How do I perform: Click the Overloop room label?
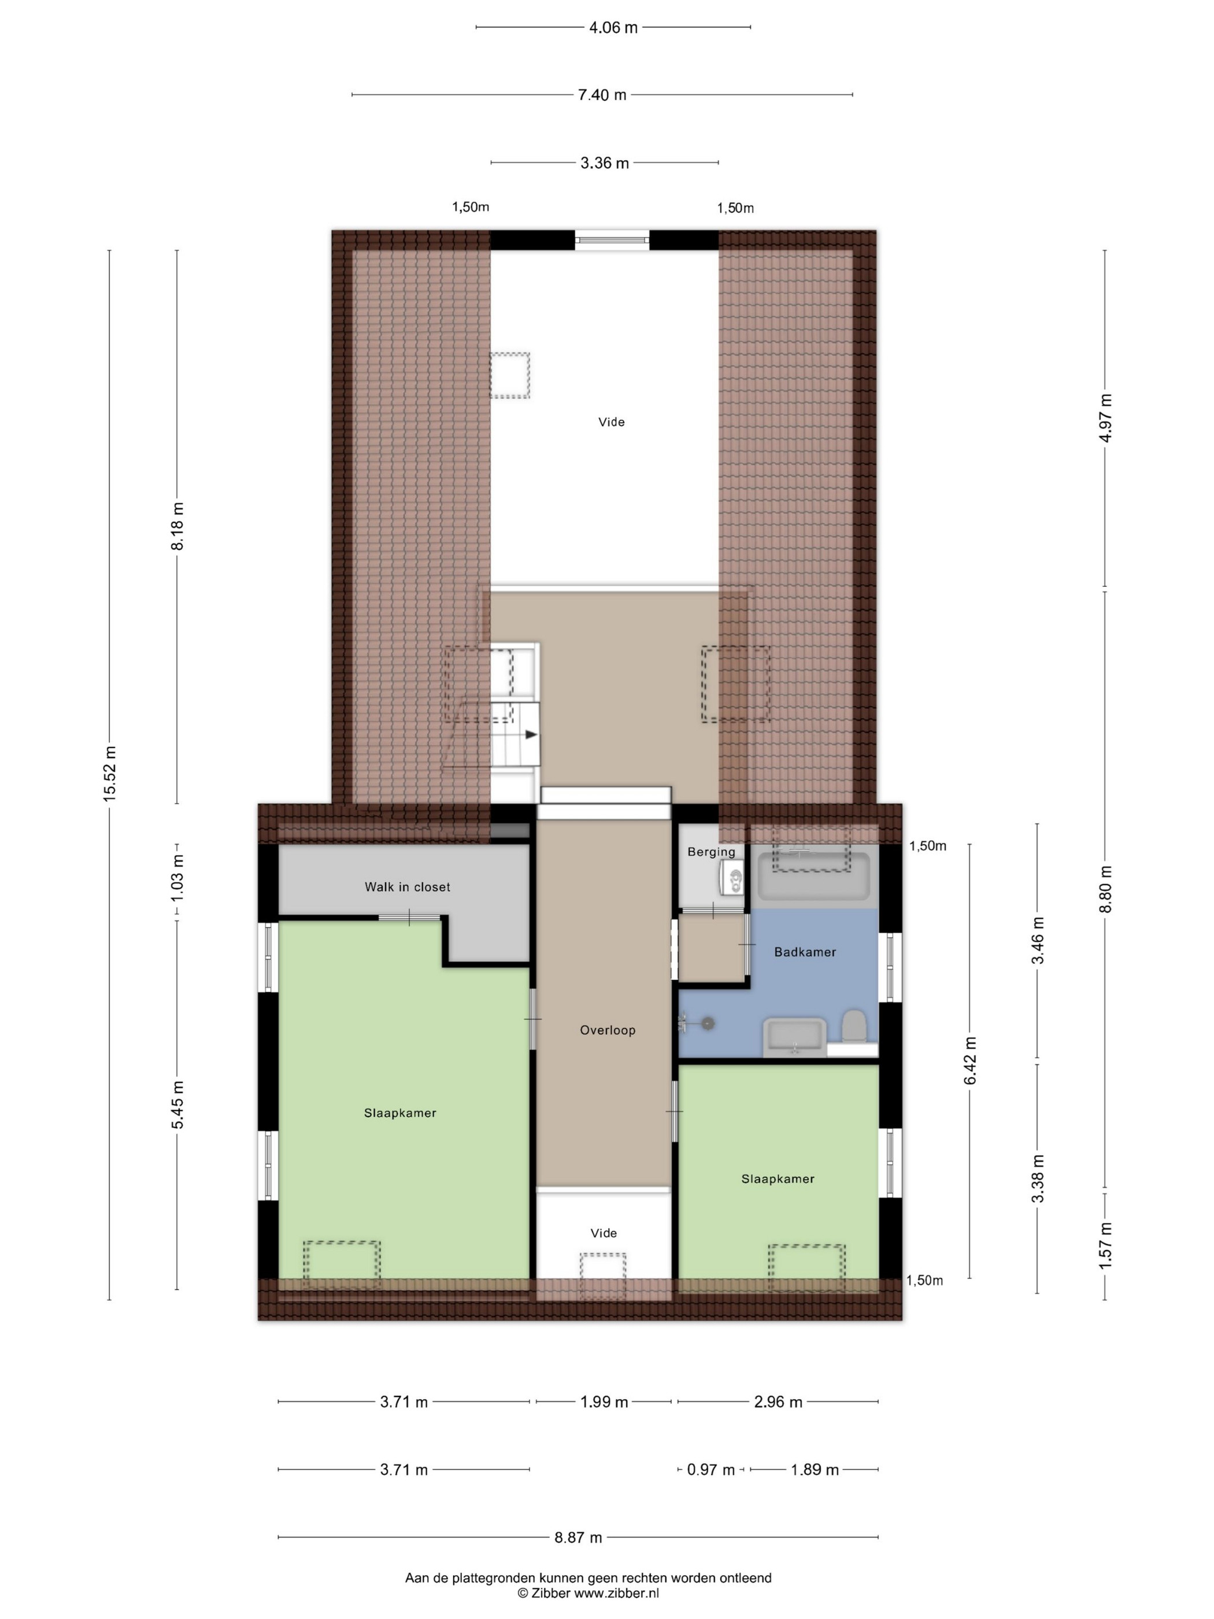point(608,1030)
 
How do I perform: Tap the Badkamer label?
point(805,952)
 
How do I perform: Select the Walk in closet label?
point(408,886)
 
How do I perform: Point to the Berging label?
point(711,852)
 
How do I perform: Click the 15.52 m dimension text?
point(110,774)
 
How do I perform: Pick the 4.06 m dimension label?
point(613,28)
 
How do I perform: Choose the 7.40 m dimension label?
point(602,94)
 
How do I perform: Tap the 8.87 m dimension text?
point(578,1537)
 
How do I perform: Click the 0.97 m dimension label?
point(710,1470)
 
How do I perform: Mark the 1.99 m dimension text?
point(605,1402)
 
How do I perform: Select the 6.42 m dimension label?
point(970,1060)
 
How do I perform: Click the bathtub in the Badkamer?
point(814,876)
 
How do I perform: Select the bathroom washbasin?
point(795,1036)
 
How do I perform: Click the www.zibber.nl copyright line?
point(589,1592)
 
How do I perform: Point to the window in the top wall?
point(612,240)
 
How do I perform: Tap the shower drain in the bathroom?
point(708,1023)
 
